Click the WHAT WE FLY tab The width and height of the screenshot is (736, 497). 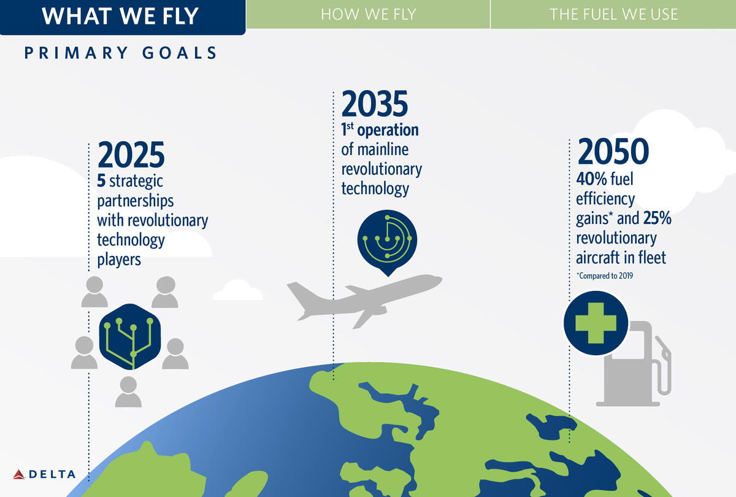tap(122, 17)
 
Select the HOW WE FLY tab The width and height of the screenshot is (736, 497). tap(369, 14)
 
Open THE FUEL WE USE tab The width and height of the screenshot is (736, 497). tap(613, 14)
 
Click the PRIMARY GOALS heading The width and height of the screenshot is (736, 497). tap(120, 53)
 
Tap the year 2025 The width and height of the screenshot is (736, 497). tap(131, 155)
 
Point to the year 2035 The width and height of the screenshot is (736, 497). tap(375, 104)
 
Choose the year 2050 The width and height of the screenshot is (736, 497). tap(613, 151)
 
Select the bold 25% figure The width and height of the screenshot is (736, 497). tap(657, 218)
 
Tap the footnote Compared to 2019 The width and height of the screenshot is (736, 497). tap(605, 275)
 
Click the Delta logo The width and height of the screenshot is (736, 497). tap(44, 474)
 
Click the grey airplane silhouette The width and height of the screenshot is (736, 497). tap(364, 301)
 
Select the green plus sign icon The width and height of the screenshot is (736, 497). tap(596, 323)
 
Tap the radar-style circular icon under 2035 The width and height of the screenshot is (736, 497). tap(388, 242)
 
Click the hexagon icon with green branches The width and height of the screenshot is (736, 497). tap(130, 337)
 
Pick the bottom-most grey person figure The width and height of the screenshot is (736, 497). tap(128, 392)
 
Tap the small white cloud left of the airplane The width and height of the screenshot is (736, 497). tap(237, 290)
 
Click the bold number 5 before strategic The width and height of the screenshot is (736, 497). tap(101, 181)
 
